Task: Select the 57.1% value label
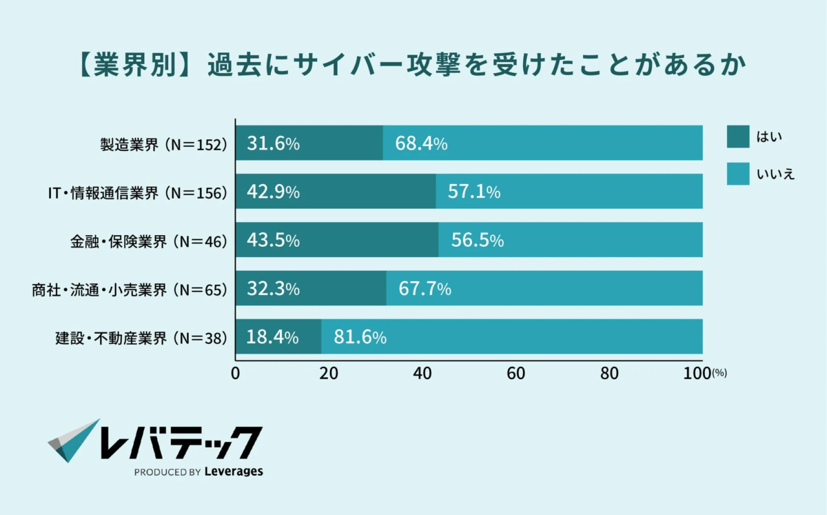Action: (x=474, y=192)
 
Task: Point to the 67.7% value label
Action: (x=425, y=289)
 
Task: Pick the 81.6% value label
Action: (x=360, y=337)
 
